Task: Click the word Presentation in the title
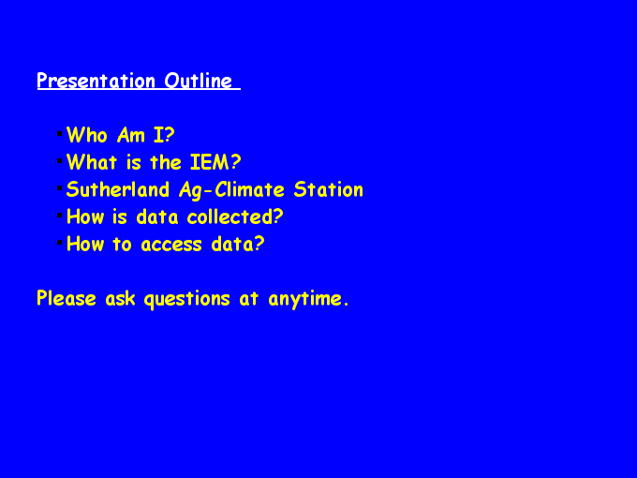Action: tap(96, 81)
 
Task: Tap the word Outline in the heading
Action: tap(199, 81)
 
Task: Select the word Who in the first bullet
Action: tap(87, 135)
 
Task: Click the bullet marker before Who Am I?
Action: tap(60, 133)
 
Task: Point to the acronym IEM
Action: tap(215, 162)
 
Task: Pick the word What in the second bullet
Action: tap(92, 162)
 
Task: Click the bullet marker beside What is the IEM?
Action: tap(60, 160)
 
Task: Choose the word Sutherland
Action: tap(118, 189)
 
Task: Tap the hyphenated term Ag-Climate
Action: tap(231, 190)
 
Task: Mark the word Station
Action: tap(328, 189)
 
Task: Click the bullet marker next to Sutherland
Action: tap(60, 187)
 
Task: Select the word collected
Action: tap(235, 217)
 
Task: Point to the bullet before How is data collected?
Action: tap(60, 215)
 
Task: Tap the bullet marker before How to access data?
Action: tap(60, 242)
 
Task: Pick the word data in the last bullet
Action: tap(238, 244)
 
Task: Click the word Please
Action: tap(67, 298)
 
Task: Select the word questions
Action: tap(186, 300)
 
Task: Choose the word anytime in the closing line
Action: tap(308, 300)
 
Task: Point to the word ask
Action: tap(120, 298)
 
